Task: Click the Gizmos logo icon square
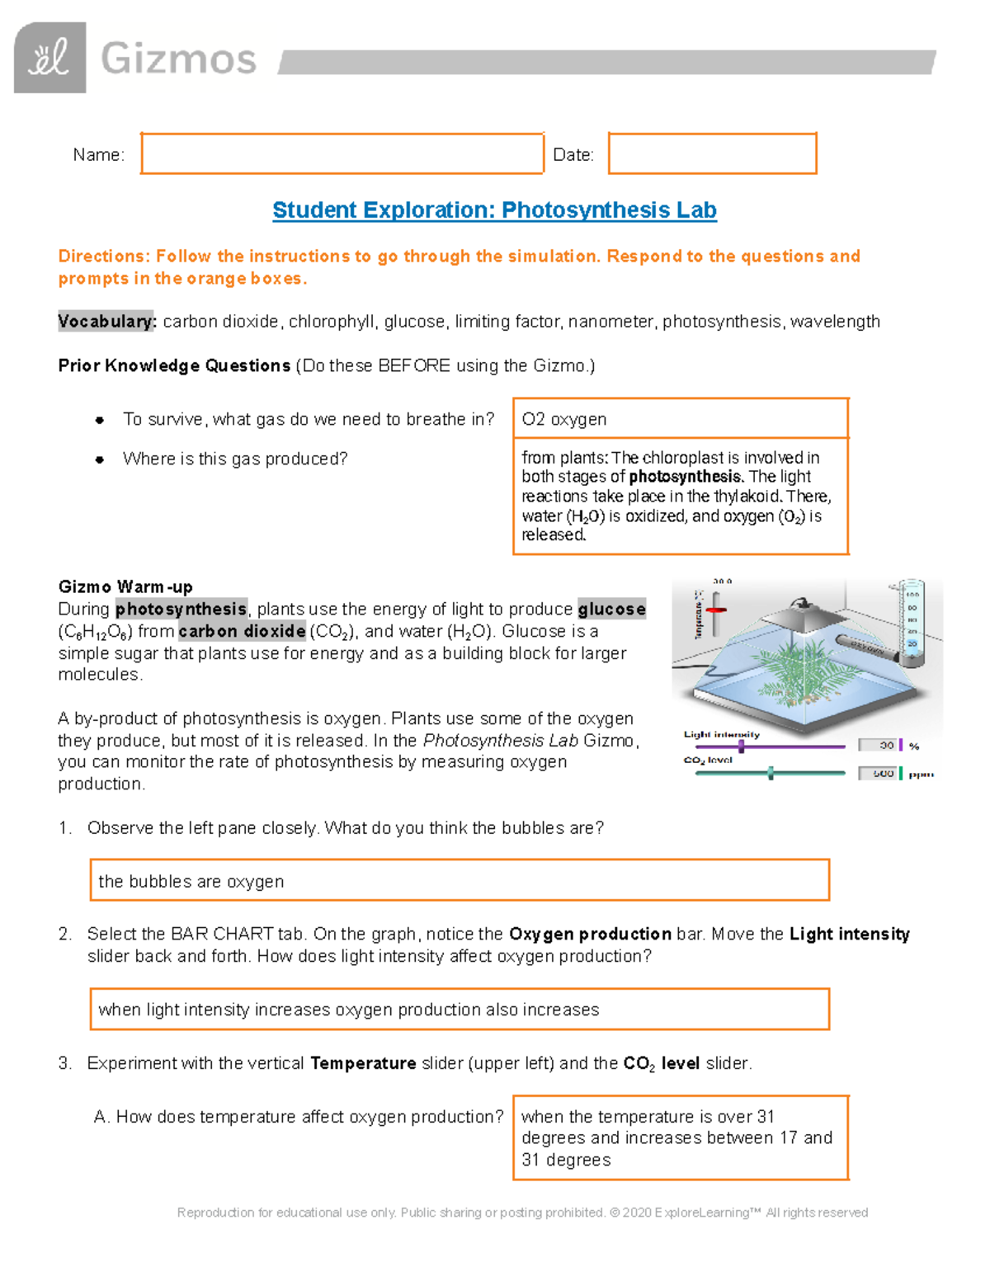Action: [x=49, y=58]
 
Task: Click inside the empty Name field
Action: [x=342, y=153]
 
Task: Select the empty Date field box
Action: [x=712, y=153]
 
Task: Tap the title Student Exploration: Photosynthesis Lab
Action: [x=494, y=210]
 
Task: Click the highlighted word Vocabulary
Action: [x=106, y=322]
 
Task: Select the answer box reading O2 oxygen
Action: [x=680, y=419]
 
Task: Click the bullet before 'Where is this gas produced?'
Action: [x=100, y=459]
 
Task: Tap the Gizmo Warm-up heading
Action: [x=125, y=587]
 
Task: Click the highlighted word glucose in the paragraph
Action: [x=611, y=610]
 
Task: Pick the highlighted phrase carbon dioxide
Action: [x=242, y=632]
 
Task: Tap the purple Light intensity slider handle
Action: [x=741, y=746]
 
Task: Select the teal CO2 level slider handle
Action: [x=771, y=773]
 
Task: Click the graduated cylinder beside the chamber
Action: [x=911, y=623]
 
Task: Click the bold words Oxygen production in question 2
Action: [x=590, y=935]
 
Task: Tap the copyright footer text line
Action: [x=522, y=1213]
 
